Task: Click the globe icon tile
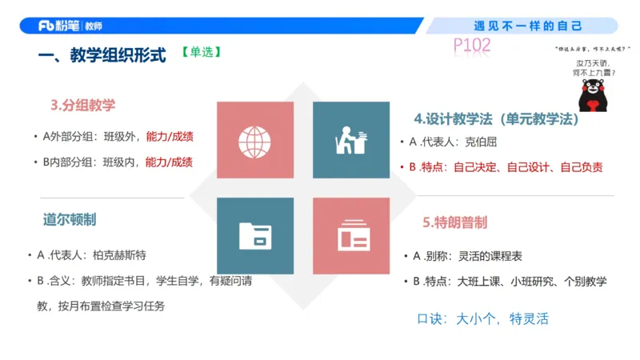click(255, 141)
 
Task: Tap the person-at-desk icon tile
click(351, 141)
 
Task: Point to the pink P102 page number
click(471, 45)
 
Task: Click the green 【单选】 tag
click(201, 54)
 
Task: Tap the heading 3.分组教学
click(83, 105)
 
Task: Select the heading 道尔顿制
click(70, 219)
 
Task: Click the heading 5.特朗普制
click(454, 222)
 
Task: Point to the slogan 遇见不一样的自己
click(528, 26)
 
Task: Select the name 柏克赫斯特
click(119, 255)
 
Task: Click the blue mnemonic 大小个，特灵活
click(502, 318)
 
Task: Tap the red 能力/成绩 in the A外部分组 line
click(169, 136)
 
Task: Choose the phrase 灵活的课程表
click(490, 256)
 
